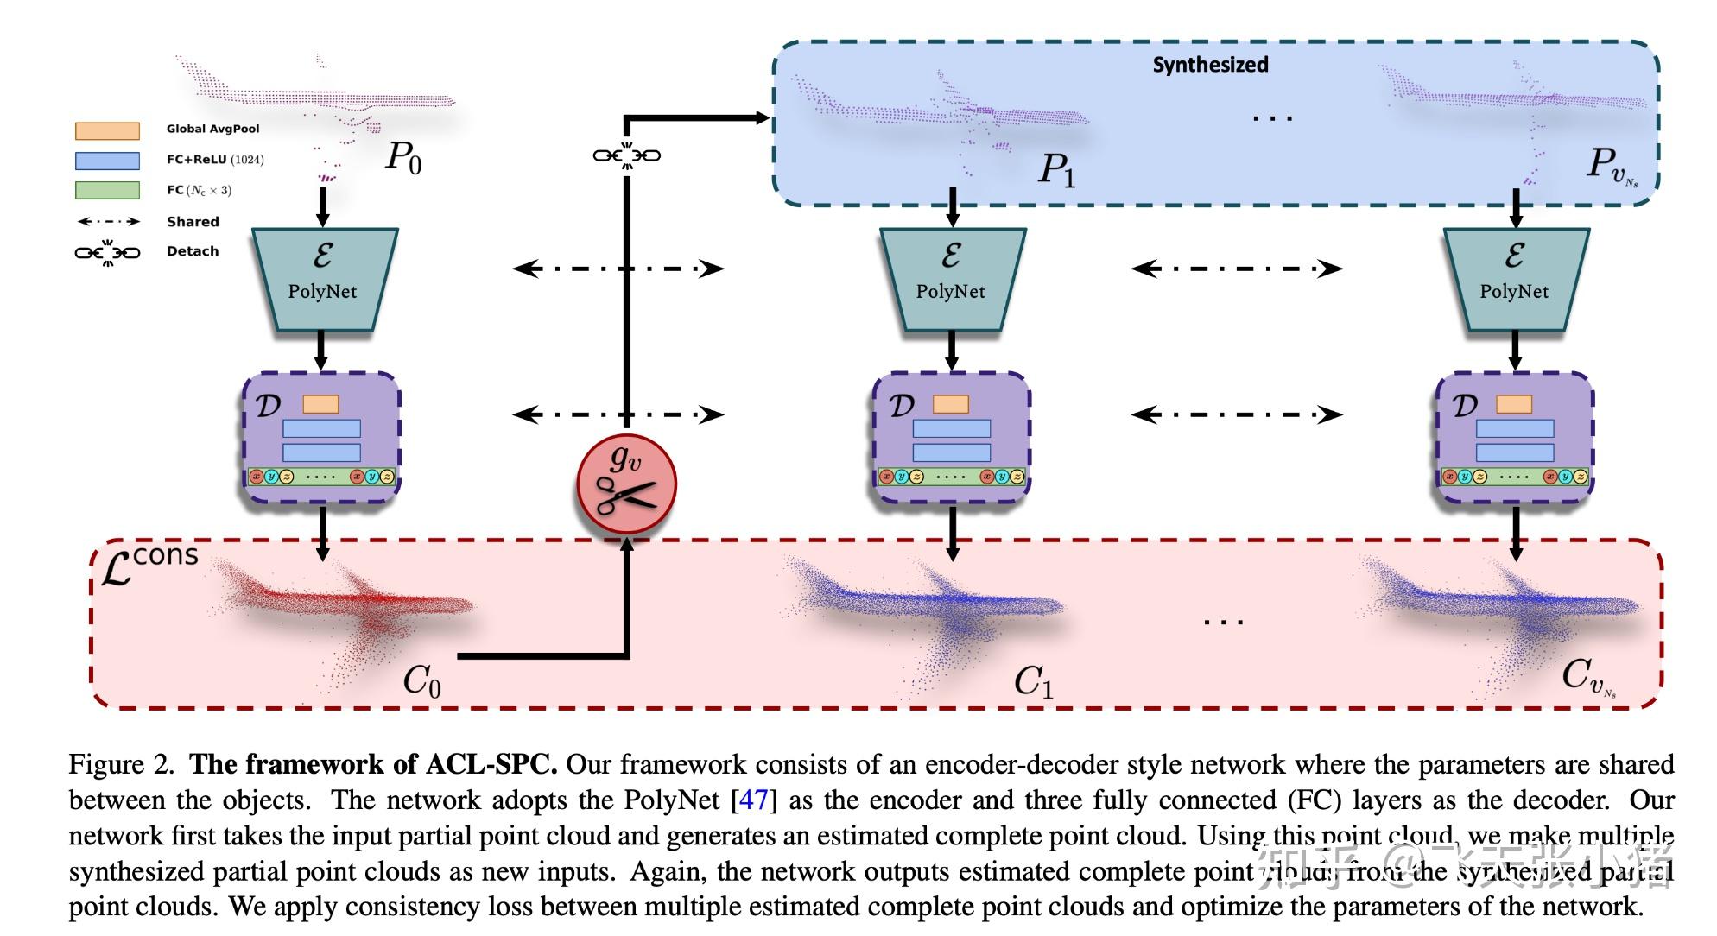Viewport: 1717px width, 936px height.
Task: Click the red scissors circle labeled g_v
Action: click(626, 485)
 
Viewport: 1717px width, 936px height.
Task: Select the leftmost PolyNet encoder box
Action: click(323, 278)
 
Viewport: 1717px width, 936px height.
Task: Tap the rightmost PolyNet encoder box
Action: click(1515, 278)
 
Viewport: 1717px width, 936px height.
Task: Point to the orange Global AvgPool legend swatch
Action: click(107, 130)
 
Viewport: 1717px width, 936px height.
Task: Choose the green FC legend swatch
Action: click(107, 190)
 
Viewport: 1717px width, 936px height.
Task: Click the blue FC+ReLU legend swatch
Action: click(107, 161)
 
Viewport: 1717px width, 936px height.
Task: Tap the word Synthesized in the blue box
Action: click(1210, 65)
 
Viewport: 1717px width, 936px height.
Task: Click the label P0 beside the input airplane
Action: click(403, 157)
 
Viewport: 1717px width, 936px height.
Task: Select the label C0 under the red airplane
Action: click(422, 681)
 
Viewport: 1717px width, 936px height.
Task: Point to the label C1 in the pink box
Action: click(1033, 681)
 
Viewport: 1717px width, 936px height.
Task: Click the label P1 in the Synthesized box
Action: click(1056, 168)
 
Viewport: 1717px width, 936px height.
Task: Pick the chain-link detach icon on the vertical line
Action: click(626, 155)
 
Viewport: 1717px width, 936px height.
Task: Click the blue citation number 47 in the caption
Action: click(753, 800)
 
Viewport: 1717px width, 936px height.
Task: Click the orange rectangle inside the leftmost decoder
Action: click(320, 404)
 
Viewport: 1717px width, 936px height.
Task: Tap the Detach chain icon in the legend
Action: click(107, 252)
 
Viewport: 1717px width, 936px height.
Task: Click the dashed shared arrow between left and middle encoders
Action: click(618, 269)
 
